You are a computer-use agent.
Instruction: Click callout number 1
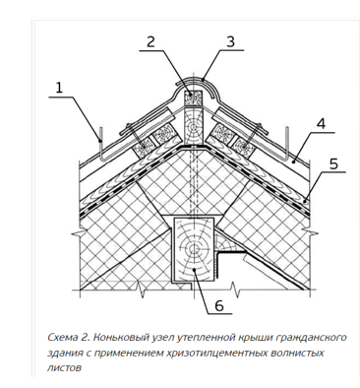(59, 88)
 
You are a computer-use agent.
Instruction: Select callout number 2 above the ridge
(150, 42)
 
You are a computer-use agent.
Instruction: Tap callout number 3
(230, 42)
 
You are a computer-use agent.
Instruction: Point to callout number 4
(322, 124)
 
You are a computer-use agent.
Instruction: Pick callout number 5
(333, 163)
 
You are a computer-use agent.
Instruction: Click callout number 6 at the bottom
(218, 305)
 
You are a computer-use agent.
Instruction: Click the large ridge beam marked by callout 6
(194, 249)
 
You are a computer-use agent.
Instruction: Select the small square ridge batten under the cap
(194, 97)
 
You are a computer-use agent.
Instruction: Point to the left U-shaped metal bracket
(102, 146)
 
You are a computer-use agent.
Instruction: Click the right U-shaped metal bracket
(287, 146)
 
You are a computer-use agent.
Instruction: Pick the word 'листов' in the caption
(64, 368)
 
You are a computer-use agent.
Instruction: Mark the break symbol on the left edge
(78, 233)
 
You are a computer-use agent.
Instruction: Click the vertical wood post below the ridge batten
(194, 126)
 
